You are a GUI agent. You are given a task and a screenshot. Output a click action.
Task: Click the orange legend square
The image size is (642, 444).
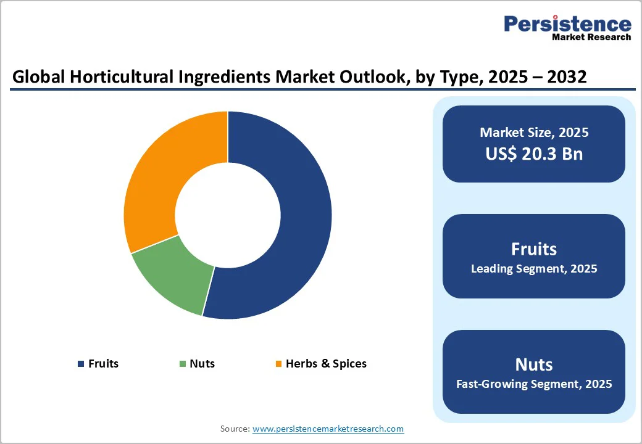click(278, 364)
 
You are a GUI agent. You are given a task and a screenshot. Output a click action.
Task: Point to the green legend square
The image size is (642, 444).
click(183, 364)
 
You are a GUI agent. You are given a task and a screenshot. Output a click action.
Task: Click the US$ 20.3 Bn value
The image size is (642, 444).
click(534, 154)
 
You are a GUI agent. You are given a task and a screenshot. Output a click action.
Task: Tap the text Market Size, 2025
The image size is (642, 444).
click(534, 133)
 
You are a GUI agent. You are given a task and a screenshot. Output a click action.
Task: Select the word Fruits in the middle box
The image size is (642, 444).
click(534, 249)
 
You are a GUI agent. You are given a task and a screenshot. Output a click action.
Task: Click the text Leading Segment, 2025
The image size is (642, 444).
click(534, 269)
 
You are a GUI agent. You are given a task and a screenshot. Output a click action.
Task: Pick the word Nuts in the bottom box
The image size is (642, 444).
click(534, 364)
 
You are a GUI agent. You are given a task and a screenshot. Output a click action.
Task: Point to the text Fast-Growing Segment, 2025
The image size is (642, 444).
click(534, 384)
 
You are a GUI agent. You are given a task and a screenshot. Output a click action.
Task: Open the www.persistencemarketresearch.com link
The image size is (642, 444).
click(328, 429)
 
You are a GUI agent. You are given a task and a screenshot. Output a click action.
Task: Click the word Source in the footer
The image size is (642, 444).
click(235, 429)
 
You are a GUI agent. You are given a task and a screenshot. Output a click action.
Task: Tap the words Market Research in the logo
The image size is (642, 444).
click(591, 37)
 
